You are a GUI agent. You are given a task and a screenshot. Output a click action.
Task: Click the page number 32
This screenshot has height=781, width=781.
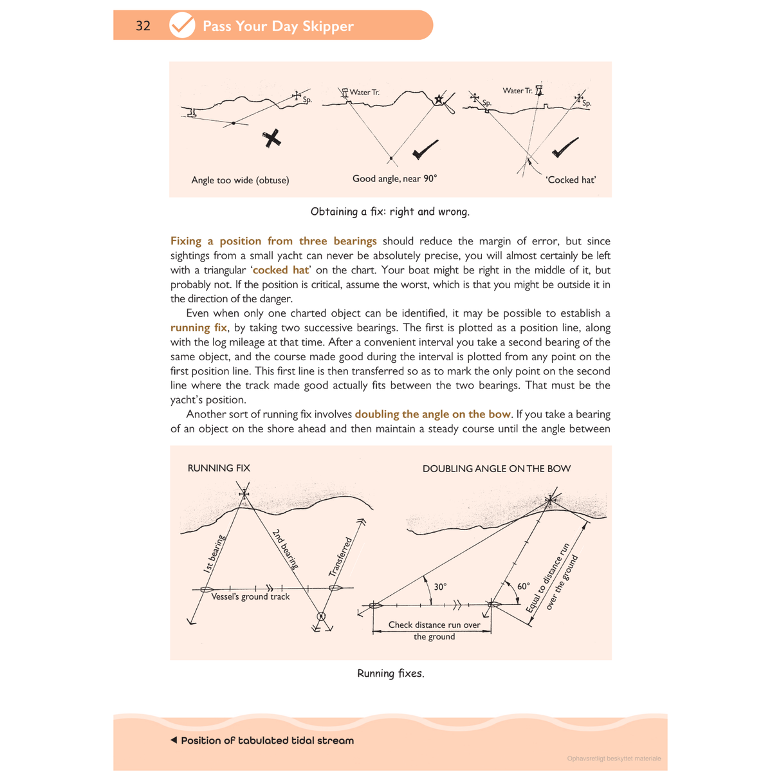(143, 26)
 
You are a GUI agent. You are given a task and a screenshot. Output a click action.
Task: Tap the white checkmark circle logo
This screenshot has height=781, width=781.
(182, 25)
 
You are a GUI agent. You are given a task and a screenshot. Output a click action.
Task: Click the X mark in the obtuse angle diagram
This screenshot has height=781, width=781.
(272, 138)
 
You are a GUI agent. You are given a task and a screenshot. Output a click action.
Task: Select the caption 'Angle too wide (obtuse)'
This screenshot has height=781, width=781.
(240, 180)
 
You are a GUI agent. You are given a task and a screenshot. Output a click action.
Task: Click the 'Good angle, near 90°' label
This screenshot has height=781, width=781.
(394, 178)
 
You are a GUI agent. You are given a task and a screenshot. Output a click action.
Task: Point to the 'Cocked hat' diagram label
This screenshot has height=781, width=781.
(571, 180)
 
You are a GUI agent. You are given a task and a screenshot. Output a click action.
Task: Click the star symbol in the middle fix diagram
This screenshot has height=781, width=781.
(439, 99)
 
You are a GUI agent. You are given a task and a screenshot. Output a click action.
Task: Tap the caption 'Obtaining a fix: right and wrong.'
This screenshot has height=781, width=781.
(390, 212)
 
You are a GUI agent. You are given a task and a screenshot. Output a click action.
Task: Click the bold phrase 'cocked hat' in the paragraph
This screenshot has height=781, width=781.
(280, 270)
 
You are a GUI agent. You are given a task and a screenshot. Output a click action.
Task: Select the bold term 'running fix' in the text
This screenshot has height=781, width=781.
(199, 327)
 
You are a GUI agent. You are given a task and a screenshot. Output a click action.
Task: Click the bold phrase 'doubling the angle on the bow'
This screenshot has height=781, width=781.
(432, 414)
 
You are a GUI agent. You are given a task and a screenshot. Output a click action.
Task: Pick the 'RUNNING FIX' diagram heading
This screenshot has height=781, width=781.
(219, 468)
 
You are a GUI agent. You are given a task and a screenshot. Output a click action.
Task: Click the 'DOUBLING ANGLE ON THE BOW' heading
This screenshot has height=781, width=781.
(496, 468)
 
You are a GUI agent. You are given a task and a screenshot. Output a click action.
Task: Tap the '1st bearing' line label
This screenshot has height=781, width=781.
(214, 553)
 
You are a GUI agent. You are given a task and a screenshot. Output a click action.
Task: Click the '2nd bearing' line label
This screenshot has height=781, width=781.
(285, 549)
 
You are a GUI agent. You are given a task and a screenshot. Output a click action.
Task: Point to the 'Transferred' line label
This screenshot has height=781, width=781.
(341, 556)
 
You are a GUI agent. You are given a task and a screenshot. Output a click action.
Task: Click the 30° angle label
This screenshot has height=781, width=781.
(440, 587)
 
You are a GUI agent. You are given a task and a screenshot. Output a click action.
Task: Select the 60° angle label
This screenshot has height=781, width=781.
(524, 586)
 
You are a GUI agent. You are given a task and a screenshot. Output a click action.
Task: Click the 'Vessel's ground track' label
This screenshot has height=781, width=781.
(250, 597)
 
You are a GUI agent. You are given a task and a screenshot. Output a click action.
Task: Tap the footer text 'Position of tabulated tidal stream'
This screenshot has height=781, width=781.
(267, 740)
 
